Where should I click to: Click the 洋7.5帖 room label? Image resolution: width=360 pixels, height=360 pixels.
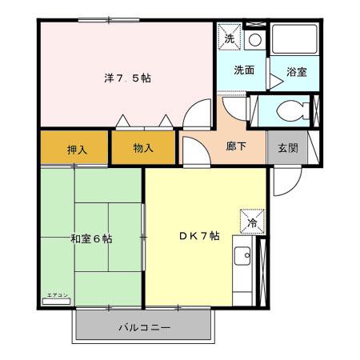coord(127,78)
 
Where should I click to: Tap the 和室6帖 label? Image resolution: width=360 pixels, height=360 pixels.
coord(91,238)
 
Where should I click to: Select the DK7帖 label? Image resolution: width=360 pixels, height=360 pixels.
coord(198,235)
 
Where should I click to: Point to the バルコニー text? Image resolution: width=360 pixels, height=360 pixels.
coord(144,328)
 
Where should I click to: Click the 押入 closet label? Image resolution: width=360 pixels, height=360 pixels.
coord(77,149)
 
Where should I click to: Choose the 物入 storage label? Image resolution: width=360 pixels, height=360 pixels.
coord(143,149)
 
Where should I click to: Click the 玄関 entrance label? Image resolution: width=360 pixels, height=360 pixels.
coord(288,149)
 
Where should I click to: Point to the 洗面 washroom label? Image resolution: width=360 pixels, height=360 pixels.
coord(244,70)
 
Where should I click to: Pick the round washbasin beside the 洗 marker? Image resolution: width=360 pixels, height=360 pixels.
coord(254,38)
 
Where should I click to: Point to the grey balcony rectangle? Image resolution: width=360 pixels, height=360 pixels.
coord(144,326)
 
